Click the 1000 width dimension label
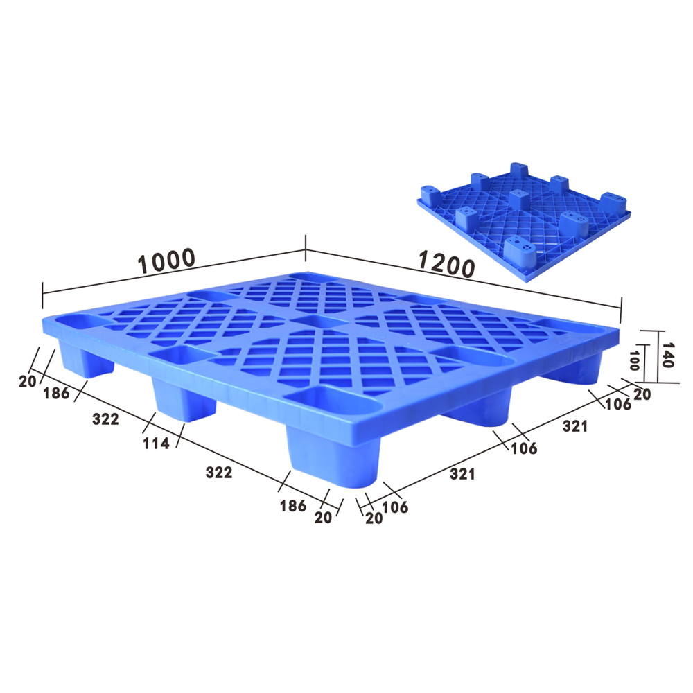point(166,261)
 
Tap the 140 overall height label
point(667,355)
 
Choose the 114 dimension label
point(157,444)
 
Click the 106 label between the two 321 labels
point(524,448)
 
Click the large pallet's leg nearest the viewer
point(331,457)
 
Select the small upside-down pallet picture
point(525,222)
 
